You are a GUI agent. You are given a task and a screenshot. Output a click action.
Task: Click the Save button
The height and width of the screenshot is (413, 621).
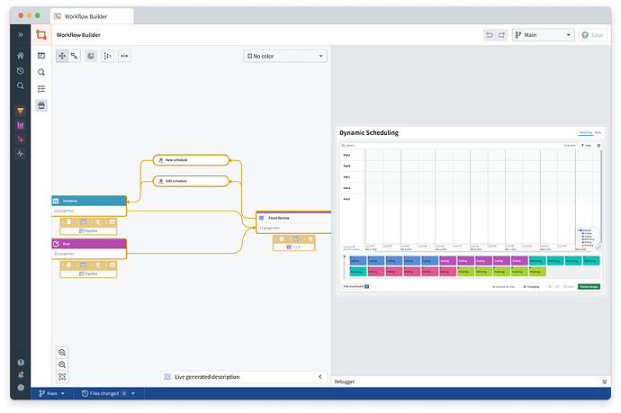pyautogui.click(x=592, y=35)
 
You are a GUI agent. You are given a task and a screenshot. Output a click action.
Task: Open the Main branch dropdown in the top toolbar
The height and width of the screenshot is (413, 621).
pyautogui.click(x=543, y=35)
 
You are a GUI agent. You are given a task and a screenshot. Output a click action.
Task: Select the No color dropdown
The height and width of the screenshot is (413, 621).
pyautogui.click(x=284, y=56)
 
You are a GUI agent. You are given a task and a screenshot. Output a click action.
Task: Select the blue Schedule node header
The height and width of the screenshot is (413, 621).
pyautogui.click(x=89, y=201)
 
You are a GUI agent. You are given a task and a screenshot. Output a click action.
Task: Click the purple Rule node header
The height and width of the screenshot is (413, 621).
pyautogui.click(x=89, y=243)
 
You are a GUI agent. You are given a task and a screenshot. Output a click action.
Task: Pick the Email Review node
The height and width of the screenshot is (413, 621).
pyautogui.click(x=293, y=217)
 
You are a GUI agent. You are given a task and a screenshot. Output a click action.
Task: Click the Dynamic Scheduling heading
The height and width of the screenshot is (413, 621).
pyautogui.click(x=370, y=132)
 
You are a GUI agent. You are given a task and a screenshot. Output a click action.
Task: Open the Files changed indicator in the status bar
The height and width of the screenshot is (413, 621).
pyautogui.click(x=105, y=393)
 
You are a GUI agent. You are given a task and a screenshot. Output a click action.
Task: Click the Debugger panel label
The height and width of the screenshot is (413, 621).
pyautogui.click(x=345, y=382)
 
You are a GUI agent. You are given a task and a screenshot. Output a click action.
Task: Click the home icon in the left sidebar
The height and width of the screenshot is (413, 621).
pyautogui.click(x=21, y=56)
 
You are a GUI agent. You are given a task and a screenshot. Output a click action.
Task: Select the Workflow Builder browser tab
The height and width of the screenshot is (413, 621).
pyautogui.click(x=93, y=16)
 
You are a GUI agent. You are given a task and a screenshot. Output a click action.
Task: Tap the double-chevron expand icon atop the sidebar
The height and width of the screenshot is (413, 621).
pyautogui.click(x=21, y=34)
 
